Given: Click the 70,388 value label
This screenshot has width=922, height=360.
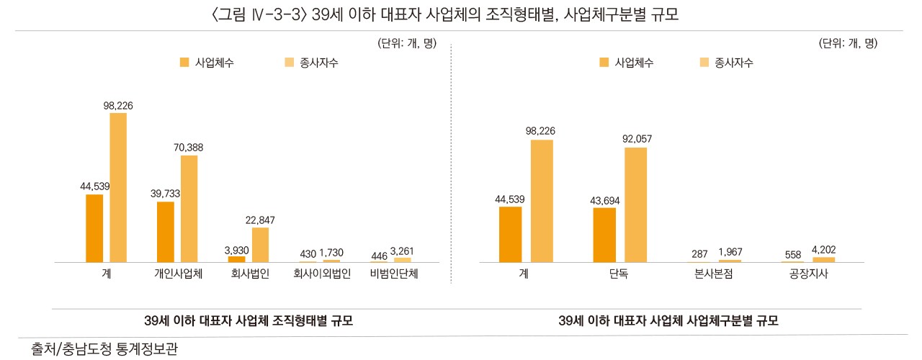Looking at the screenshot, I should [x=189, y=148].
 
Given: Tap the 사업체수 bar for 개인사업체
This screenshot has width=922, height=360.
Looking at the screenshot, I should [x=166, y=232].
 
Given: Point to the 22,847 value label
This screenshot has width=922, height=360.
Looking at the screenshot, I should [x=260, y=220].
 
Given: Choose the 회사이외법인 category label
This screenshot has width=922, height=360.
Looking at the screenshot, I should [x=322, y=274].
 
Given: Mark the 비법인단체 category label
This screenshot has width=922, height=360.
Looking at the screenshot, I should [x=394, y=274].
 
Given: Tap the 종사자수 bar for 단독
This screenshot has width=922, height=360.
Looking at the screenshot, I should [x=635, y=204].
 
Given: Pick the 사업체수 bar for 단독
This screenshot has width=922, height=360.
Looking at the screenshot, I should [x=605, y=235].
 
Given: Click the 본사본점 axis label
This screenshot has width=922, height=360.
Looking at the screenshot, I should [x=715, y=274].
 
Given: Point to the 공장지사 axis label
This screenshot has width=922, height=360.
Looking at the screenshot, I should [x=809, y=274].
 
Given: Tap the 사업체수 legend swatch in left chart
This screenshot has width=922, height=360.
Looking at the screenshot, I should [x=184, y=63].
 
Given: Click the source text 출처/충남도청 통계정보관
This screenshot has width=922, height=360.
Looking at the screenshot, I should [x=104, y=349].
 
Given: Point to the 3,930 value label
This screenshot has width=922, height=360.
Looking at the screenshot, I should [x=236, y=250].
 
